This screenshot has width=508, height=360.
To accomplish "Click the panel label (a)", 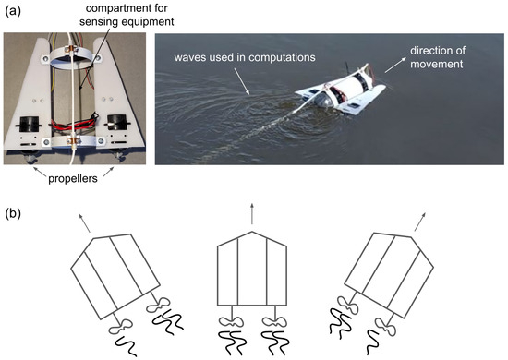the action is [13, 12].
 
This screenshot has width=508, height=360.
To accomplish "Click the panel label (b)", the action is [13, 214].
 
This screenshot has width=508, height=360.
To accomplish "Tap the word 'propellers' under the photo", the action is [73, 179].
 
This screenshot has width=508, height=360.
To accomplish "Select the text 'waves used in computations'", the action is [245, 57].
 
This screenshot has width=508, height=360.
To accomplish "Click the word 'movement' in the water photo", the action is [436, 64].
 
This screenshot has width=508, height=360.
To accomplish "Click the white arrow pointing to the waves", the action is [241, 80].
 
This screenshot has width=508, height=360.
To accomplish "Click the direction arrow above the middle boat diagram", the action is [252, 214].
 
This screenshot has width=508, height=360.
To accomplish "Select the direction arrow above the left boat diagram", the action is [84, 223].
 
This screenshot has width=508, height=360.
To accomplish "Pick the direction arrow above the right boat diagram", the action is [420, 222].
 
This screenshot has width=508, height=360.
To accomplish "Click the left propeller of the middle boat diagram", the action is [231, 322].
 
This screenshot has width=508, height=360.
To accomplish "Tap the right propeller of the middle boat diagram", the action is [274, 322].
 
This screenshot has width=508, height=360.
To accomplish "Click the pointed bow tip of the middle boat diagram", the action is [252, 232].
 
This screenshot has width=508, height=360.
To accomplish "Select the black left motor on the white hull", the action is [30, 124].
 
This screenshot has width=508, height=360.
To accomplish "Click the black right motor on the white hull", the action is [117, 123].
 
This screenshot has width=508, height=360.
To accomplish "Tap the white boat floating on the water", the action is [341, 90].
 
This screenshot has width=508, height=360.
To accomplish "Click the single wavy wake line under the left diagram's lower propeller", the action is [127, 346].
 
